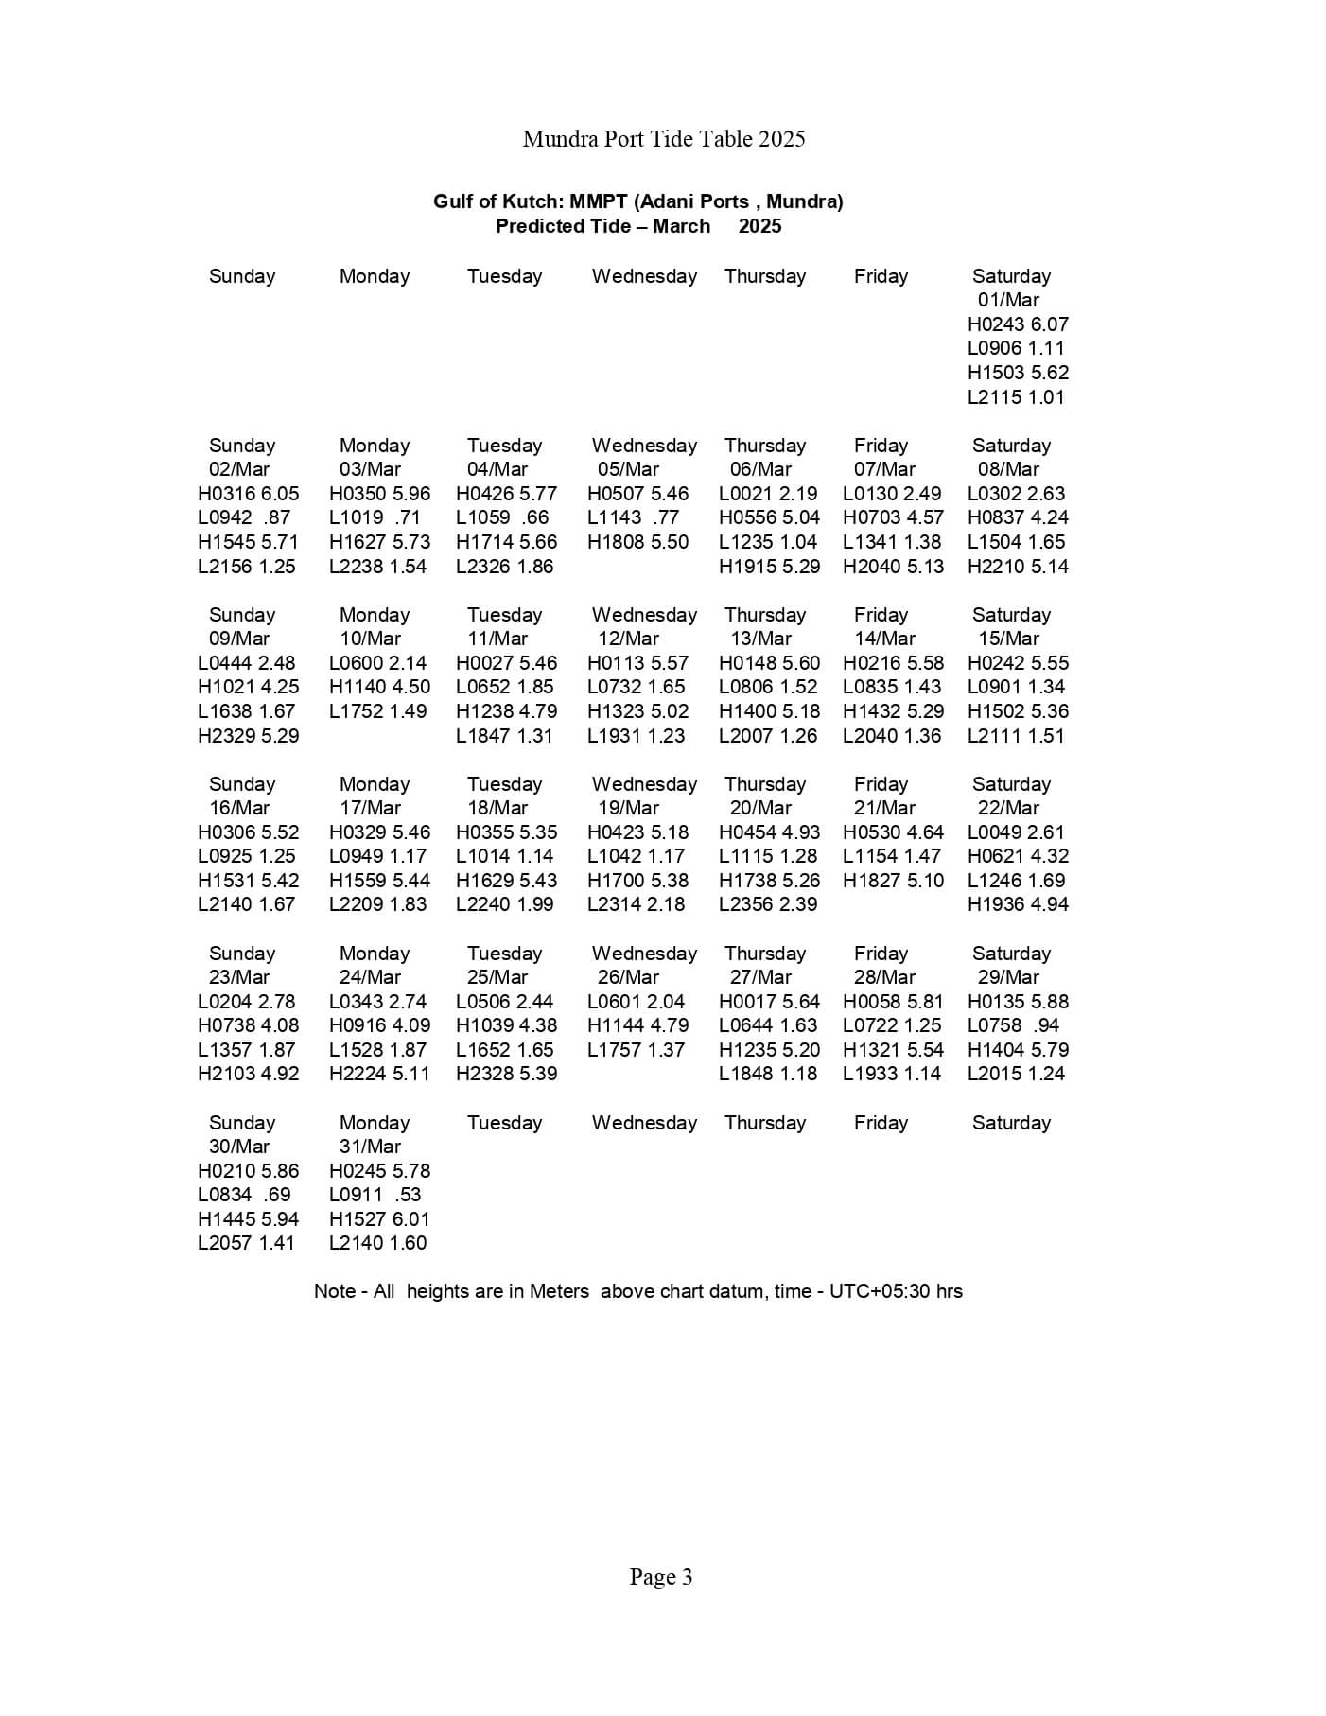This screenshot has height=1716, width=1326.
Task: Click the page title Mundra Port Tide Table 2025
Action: (663, 139)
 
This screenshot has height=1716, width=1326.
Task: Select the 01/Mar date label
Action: (1008, 300)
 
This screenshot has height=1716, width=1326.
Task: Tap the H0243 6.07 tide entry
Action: (1018, 324)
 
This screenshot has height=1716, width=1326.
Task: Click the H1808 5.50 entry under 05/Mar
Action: (637, 542)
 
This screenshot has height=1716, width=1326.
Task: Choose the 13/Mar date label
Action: (760, 639)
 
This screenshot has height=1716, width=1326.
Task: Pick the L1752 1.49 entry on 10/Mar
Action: (377, 711)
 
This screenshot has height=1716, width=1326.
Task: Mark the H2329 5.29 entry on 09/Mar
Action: (248, 736)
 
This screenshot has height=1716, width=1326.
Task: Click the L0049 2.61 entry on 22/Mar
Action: (1016, 832)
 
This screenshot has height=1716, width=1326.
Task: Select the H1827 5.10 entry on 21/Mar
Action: (893, 881)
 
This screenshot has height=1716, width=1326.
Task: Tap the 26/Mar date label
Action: (628, 977)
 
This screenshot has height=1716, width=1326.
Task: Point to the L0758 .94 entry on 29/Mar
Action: (1013, 1025)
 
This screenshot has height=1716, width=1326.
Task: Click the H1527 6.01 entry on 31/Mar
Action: (379, 1219)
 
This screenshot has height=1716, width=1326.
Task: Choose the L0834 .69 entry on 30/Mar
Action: (244, 1195)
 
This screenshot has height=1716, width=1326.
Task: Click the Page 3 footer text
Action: (661, 1577)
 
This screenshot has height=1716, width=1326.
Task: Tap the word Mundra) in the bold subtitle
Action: (804, 201)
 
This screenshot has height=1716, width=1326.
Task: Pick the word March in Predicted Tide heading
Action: (681, 226)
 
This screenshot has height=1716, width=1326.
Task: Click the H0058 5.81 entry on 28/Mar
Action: (893, 1002)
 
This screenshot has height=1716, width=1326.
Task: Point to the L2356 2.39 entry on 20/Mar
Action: (768, 904)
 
